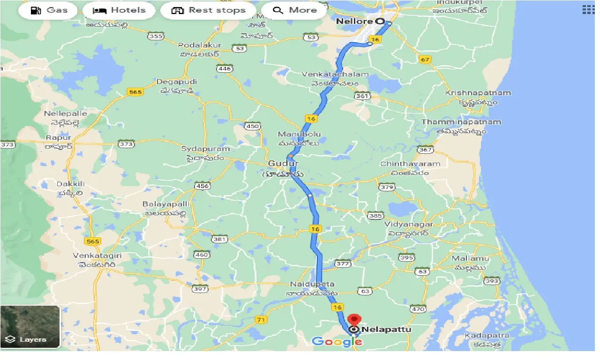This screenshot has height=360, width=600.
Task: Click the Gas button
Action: click(48, 10)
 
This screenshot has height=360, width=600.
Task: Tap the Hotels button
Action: click(119, 10)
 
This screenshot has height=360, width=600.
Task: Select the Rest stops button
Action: click(208, 10)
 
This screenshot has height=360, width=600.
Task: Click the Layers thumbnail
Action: click(30, 327)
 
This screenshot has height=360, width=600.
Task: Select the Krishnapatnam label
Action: click(478, 93)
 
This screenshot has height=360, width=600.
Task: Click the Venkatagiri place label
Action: click(97, 255)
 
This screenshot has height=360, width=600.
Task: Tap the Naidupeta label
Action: click(312, 284)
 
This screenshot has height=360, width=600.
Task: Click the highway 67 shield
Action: click(425, 60)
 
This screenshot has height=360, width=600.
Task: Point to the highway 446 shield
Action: click(225, 69)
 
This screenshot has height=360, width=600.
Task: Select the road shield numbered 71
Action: click(261, 319)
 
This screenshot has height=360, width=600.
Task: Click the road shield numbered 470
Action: click(418, 309)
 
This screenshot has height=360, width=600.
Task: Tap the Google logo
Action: click(334, 341)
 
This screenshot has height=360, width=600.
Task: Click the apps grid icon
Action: click(588, 10)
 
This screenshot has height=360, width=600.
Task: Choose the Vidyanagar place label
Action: click(408, 225)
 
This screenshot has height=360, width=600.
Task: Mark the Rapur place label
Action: click(59, 138)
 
